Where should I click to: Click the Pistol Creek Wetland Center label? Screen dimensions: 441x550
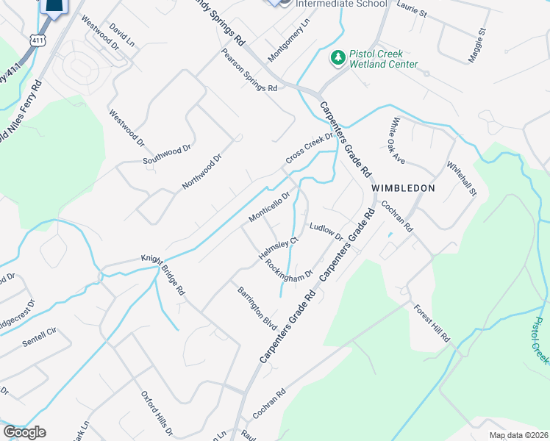[385, 59]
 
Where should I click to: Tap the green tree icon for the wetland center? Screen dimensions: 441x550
[338, 57]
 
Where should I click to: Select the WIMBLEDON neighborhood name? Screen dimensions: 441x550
[403, 188]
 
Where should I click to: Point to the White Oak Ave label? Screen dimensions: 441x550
[398, 140]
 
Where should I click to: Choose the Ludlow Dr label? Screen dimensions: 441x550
[326, 232]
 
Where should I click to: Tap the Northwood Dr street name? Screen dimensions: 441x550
[201, 172]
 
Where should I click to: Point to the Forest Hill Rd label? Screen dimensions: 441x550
[431, 323]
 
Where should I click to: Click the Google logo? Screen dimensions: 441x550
[24, 432]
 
